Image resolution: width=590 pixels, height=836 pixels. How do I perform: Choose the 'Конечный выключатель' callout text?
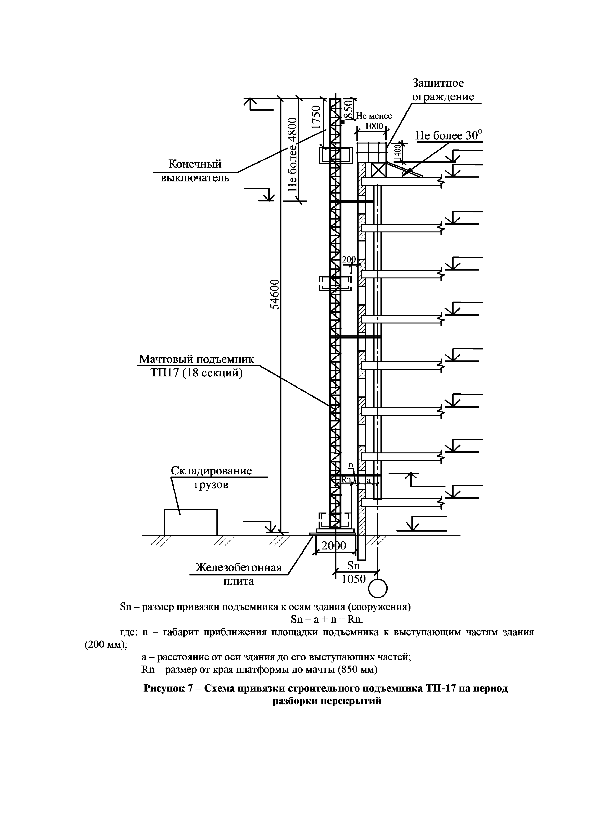pyautogui.click(x=195, y=171)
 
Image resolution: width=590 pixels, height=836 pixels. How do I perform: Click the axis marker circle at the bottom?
pyautogui.click(x=378, y=588)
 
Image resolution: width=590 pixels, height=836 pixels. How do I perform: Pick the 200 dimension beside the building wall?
pyautogui.click(x=349, y=260)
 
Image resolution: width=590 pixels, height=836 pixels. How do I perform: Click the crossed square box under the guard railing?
pyautogui.click(x=378, y=170)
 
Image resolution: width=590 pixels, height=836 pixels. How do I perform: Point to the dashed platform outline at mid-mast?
pyautogui.click(x=335, y=284)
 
